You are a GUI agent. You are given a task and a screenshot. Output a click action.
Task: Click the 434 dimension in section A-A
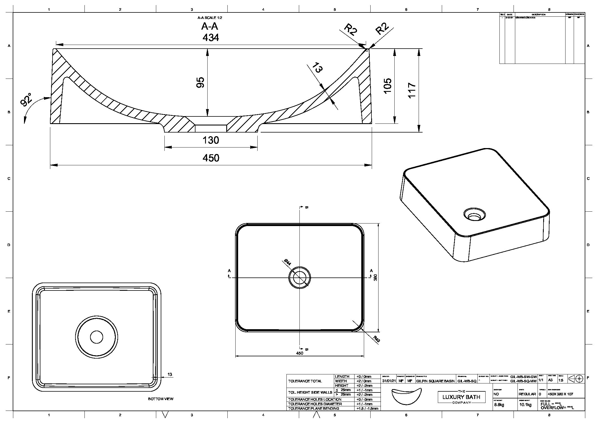tap(211, 38)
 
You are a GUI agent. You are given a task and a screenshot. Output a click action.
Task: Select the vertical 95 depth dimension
tap(200, 82)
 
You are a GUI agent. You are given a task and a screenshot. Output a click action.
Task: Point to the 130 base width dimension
tap(211, 140)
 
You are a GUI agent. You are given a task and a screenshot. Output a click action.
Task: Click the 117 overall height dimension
tap(412, 90)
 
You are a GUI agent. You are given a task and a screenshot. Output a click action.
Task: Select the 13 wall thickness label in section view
tap(318, 68)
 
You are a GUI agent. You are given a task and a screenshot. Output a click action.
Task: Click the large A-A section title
tap(210, 26)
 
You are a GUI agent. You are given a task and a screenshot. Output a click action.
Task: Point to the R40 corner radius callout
tap(377, 339)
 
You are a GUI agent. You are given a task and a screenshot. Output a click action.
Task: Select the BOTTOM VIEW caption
tap(161, 399)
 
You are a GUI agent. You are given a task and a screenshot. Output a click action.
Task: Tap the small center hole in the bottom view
tap(97, 337)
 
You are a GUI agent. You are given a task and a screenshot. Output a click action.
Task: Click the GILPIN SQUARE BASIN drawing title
tap(435, 381)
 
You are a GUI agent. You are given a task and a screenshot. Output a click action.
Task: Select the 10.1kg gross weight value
tap(525, 405)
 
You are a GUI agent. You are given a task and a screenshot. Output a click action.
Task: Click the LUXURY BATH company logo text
tap(461, 397)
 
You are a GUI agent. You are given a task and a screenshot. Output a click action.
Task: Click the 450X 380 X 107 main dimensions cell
tap(560, 394)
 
